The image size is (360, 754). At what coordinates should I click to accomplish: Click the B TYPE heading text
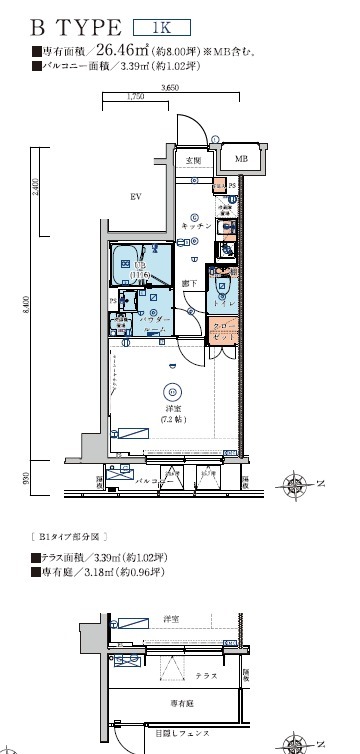75,28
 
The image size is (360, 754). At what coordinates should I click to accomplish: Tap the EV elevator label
132,197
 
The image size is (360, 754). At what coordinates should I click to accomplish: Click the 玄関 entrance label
192,160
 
